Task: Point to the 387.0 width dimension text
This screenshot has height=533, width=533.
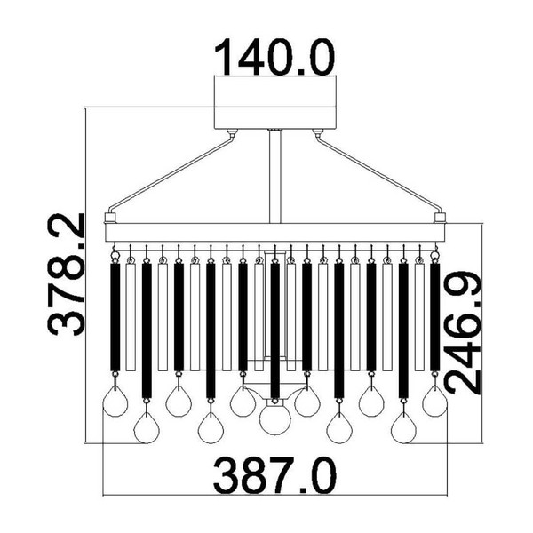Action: pyautogui.click(x=275, y=475)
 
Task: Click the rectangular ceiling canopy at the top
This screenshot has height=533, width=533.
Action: pyautogui.click(x=275, y=105)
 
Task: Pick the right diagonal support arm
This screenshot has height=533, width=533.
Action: pyautogui.click(x=377, y=174)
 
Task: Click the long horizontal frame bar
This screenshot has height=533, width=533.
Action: pyautogui.click(x=275, y=233)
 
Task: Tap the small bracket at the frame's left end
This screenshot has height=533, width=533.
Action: pyautogui.click(x=111, y=217)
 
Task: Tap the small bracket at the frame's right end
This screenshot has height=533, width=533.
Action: pyautogui.click(x=439, y=217)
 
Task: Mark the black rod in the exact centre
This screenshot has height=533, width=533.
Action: pyautogui.click(x=274, y=329)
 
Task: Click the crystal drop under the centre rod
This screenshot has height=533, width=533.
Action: pyautogui.click(x=274, y=418)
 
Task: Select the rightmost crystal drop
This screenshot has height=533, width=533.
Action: pyautogui.click(x=435, y=402)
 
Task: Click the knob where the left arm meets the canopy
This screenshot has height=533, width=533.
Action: pyautogui.click(x=232, y=133)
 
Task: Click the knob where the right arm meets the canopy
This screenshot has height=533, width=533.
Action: pyautogui.click(x=317, y=133)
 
